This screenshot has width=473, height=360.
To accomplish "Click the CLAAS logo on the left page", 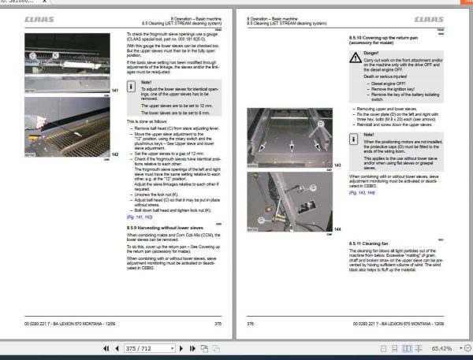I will point(37,17).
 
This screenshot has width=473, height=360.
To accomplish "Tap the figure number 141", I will point(114,91).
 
